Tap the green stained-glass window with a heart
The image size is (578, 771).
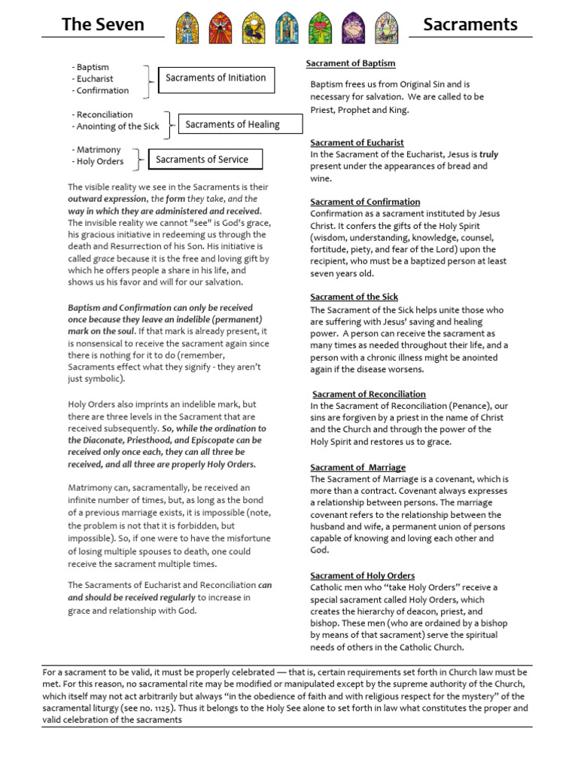[x=319, y=28]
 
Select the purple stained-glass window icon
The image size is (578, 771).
[x=352, y=28]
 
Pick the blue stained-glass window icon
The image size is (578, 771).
[x=286, y=28]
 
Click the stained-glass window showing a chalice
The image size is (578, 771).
[x=254, y=28]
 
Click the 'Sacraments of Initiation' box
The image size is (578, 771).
[x=216, y=78]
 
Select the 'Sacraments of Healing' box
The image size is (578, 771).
[x=232, y=124]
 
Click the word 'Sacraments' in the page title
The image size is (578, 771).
[x=470, y=24]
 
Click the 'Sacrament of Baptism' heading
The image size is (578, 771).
[x=350, y=63]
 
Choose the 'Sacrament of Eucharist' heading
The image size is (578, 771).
[x=357, y=142]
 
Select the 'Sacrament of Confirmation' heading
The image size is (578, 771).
[x=365, y=202]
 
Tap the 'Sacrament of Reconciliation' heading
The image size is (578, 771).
[x=369, y=394]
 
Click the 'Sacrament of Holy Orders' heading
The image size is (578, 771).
[x=363, y=575]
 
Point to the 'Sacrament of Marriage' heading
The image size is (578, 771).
[x=357, y=467]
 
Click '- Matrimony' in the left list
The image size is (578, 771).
[x=96, y=150]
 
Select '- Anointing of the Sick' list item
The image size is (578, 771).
[x=116, y=126]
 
